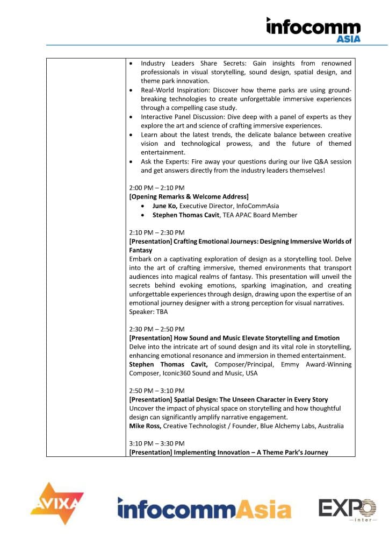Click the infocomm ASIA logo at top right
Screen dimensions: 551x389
click(x=313, y=29)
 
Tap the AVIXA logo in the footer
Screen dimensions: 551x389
click(x=57, y=504)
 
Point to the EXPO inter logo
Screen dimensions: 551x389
click(x=347, y=510)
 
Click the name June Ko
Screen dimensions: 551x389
click(x=164, y=206)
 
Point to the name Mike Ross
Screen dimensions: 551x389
click(x=145, y=426)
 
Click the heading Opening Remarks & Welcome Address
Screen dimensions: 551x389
click(x=189, y=197)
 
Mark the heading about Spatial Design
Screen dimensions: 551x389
click(x=228, y=399)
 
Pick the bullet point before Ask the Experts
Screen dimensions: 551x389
click(x=132, y=161)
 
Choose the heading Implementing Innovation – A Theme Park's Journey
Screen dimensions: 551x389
click(x=228, y=453)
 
